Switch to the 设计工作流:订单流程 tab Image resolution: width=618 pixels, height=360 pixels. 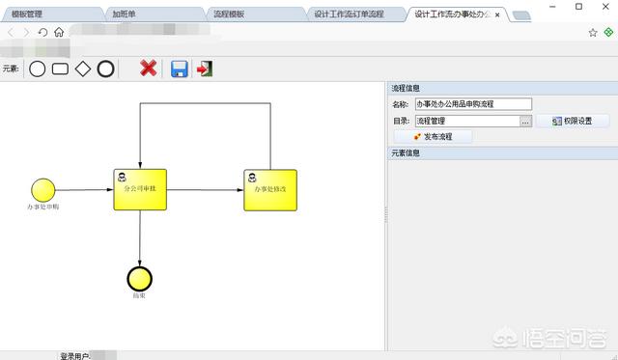coord(348,14)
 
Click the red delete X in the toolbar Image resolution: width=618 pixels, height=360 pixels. coord(148,68)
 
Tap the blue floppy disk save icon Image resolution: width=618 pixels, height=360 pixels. coord(179,68)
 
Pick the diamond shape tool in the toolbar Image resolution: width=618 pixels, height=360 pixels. coord(83,69)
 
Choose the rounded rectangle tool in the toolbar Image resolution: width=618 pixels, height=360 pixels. coord(60,69)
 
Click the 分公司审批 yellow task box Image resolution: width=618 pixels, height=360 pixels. coord(140,188)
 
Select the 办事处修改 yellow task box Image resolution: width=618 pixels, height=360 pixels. coord(270,189)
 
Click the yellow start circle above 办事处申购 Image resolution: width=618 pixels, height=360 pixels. coord(42,189)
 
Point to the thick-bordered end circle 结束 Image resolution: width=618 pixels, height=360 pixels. coord(140,277)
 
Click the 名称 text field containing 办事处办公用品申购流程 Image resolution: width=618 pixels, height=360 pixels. coord(473,104)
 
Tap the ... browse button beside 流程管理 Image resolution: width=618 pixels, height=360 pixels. coord(526,122)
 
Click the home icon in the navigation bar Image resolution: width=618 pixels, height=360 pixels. coord(60,33)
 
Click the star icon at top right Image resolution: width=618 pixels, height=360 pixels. coord(593,32)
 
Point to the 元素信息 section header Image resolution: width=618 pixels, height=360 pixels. coord(406,152)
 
